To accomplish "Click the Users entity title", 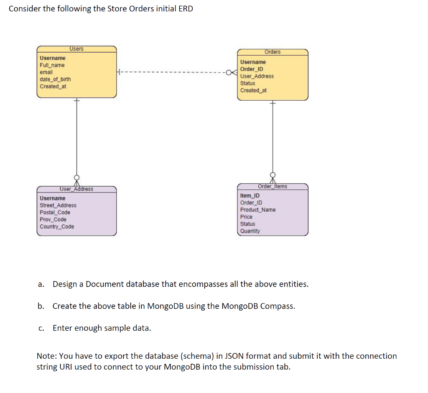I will pyautogui.click(x=76, y=49).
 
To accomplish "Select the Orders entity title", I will pyautogui.click(x=273, y=52).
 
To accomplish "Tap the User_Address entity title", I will pyautogui.click(x=76, y=189).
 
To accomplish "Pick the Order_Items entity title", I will pyautogui.click(x=273, y=186).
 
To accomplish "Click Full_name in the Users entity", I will pyautogui.click(x=52, y=65).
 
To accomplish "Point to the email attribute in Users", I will pyautogui.click(x=46, y=72).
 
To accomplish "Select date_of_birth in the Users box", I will pyautogui.click(x=55, y=79).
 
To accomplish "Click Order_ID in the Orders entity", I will pyautogui.click(x=252, y=69).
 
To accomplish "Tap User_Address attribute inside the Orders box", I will pyautogui.click(x=257, y=76).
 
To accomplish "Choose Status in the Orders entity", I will pyautogui.click(x=248, y=83).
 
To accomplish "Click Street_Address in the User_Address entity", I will pyautogui.click(x=58, y=205).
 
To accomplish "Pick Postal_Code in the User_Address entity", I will pyautogui.click(x=55, y=213).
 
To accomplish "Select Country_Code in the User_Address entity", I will pyautogui.click(x=57, y=227).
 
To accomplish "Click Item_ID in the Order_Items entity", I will pyautogui.click(x=250, y=195).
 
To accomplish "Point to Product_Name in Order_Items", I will pyautogui.click(x=258, y=210).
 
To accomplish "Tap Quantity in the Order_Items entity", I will pyautogui.click(x=250, y=231).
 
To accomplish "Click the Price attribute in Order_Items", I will pyautogui.click(x=247, y=217).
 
